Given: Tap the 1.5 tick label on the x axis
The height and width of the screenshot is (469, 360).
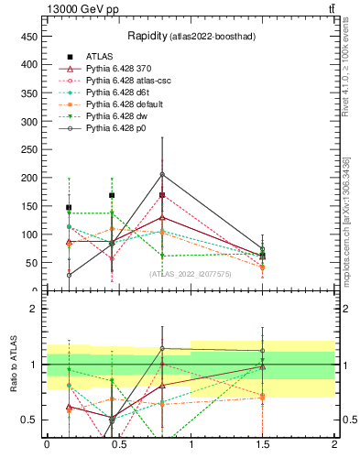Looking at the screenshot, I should click(x=263, y=444).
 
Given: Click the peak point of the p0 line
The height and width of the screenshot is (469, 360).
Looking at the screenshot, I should click(x=162, y=174).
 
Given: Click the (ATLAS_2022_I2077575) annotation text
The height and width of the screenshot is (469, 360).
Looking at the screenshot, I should click(x=190, y=273).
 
